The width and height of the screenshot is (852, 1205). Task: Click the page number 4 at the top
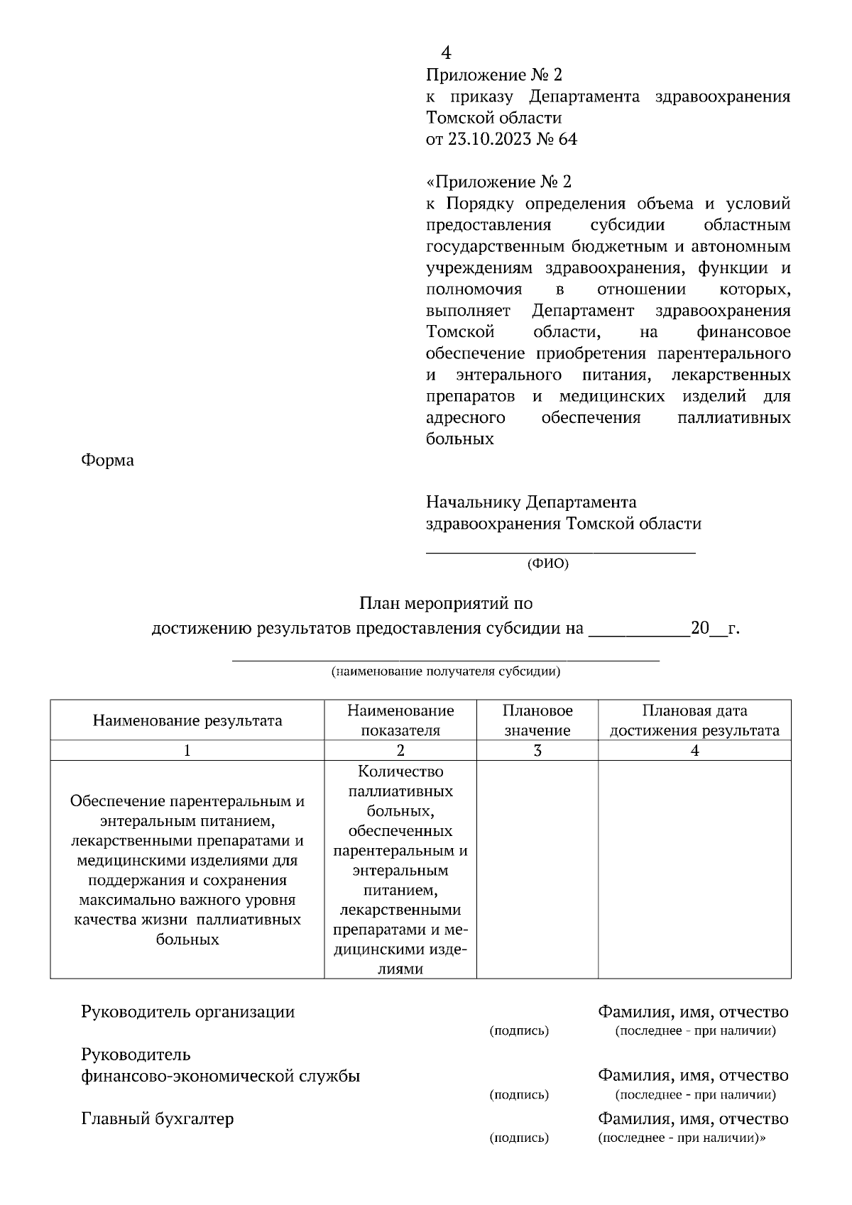click(446, 53)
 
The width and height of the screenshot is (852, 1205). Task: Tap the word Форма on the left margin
click(107, 461)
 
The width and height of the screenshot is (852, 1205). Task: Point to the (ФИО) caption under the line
click(547, 564)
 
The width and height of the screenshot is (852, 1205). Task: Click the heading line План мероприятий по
click(445, 604)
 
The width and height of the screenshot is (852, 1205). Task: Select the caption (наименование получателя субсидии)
click(446, 671)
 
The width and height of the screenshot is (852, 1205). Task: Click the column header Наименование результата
click(187, 721)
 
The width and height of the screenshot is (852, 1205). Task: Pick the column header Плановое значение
click(537, 720)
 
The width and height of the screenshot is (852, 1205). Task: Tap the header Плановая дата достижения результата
click(694, 720)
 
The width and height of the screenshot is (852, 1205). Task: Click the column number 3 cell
click(537, 751)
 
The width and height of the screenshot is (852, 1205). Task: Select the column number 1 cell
click(187, 751)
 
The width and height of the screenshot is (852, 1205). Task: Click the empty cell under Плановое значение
click(537, 869)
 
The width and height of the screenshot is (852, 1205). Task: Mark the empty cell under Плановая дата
click(694, 869)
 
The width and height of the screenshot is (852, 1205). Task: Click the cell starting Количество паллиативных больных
click(400, 869)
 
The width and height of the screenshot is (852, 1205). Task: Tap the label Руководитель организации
click(187, 1012)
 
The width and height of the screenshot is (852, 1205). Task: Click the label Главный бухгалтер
click(158, 1119)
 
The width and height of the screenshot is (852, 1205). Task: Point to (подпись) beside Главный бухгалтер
click(519, 1138)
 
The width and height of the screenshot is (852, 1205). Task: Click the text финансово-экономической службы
click(220, 1077)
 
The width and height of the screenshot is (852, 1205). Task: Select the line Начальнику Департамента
click(531, 502)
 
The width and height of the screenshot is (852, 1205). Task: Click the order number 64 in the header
click(568, 139)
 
